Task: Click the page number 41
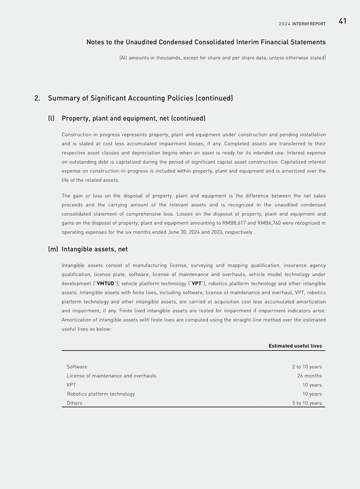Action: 342,21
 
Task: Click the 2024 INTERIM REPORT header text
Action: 302,24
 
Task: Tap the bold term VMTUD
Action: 105,284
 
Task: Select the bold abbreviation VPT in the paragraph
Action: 197,284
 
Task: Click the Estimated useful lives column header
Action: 295,346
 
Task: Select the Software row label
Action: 77,367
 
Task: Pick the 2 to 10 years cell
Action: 307,367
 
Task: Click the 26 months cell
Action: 310,376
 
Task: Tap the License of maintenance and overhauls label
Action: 112,376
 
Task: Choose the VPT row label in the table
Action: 71,385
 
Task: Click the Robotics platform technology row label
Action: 101,394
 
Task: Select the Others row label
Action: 75,403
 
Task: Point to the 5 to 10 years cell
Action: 307,403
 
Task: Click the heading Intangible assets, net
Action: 95,250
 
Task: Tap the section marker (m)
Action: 53,250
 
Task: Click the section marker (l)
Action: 51,119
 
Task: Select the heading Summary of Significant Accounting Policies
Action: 140,98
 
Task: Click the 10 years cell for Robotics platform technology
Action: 312,394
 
